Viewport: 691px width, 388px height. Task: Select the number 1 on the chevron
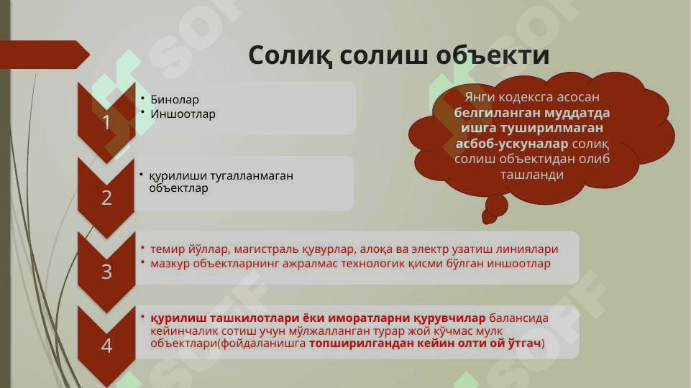(106, 122)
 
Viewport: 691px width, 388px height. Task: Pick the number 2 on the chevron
(106, 198)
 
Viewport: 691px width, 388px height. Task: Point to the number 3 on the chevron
(106, 272)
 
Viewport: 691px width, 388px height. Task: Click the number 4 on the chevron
(106, 346)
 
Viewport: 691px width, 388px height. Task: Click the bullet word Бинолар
(175, 100)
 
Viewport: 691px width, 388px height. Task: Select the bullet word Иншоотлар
(183, 114)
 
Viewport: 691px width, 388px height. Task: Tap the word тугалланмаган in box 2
(252, 176)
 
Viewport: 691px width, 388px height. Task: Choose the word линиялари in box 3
(527, 249)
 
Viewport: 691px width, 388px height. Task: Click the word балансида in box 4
(518, 318)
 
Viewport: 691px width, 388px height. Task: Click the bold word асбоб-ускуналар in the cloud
(512, 144)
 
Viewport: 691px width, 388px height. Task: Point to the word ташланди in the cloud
(532, 175)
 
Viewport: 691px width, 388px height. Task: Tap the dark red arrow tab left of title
(44, 55)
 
